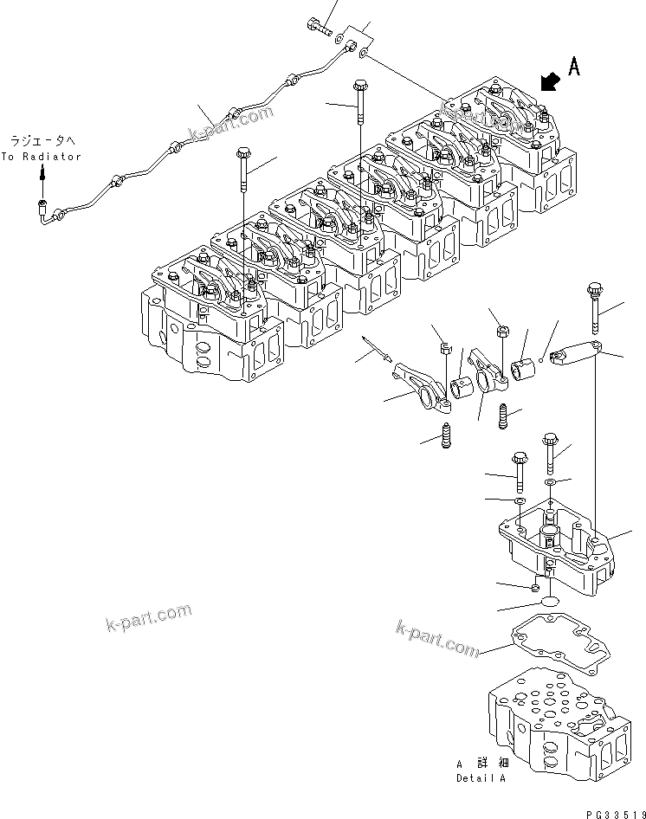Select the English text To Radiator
click(41, 157)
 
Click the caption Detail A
click(482, 777)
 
